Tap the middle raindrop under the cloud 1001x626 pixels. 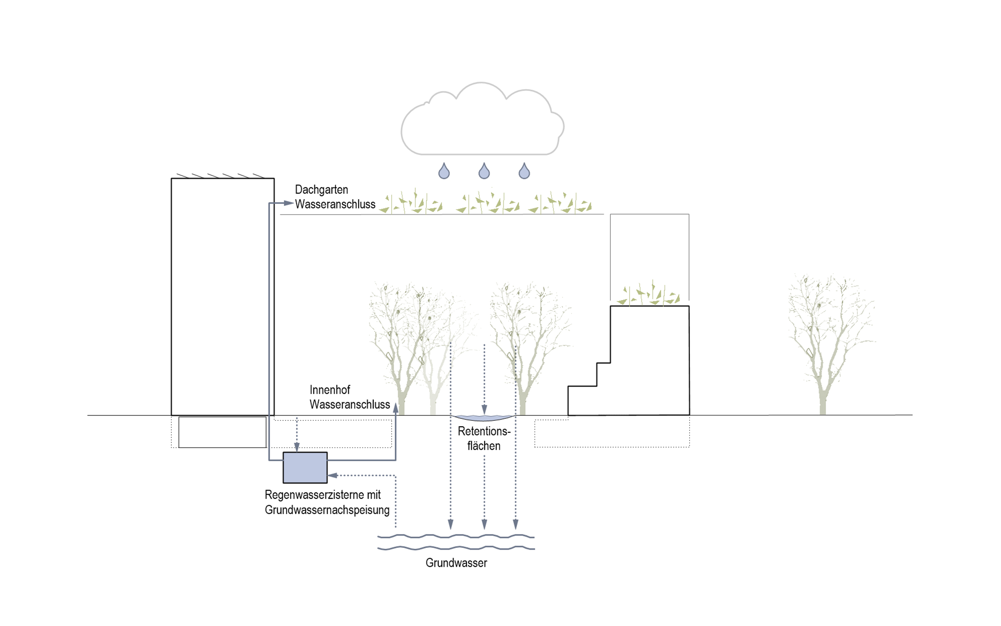[x=484, y=172]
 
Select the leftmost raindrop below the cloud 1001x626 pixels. [x=444, y=172]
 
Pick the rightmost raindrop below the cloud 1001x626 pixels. [x=524, y=172]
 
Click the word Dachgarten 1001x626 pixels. [x=322, y=190]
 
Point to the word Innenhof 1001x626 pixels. [x=329, y=390]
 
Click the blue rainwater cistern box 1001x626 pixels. [x=305, y=468]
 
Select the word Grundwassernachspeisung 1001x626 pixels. [x=327, y=510]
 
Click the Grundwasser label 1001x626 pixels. [x=456, y=563]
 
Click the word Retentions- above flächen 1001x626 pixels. [x=484, y=431]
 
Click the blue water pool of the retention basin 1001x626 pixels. [x=484, y=418]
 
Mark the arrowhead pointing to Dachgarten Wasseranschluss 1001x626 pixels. [x=288, y=203]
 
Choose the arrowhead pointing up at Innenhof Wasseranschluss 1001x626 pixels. [x=395, y=407]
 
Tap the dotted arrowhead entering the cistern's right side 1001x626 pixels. [x=332, y=475]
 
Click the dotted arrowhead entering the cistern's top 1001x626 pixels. [x=297, y=447]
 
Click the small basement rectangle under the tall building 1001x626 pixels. [x=222, y=432]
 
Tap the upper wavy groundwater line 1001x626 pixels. [x=455, y=536]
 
